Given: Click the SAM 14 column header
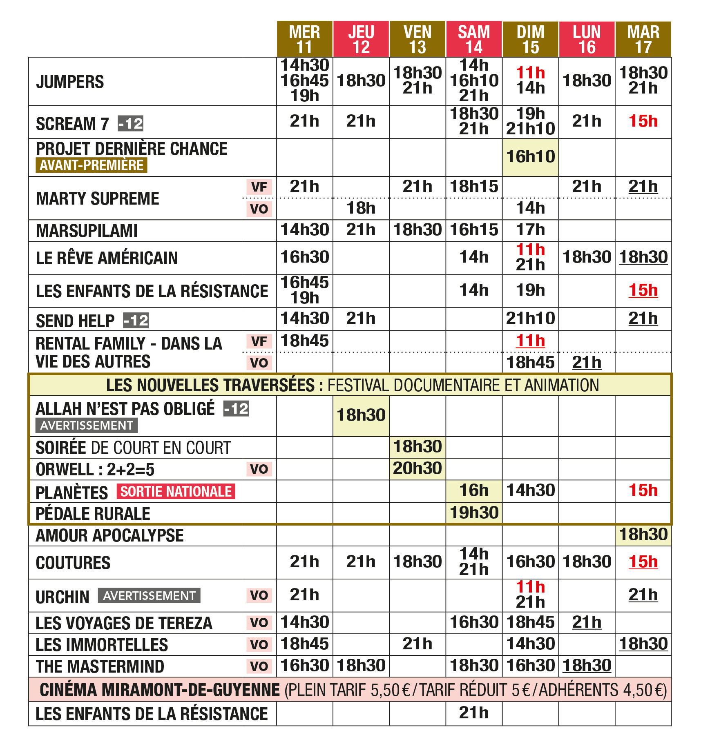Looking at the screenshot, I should pyautogui.click(x=473, y=39).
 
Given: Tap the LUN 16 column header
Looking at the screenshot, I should pyautogui.click(x=587, y=39).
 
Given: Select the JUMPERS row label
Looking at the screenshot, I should pyautogui.click(x=70, y=82).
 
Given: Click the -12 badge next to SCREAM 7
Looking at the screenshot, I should pyautogui.click(x=130, y=123).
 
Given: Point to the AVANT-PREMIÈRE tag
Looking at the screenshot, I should pyautogui.click(x=91, y=165).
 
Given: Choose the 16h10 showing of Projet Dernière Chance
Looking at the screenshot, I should pyautogui.click(x=530, y=157).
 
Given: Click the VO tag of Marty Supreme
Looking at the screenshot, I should pyautogui.click(x=259, y=209).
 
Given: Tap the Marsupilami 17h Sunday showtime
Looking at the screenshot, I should pyautogui.click(x=530, y=230).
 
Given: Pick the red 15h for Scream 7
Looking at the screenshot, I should pyautogui.click(x=643, y=121).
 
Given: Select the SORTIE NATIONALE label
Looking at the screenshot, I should pyautogui.click(x=176, y=491).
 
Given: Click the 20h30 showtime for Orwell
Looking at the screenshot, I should pyautogui.click(x=417, y=468).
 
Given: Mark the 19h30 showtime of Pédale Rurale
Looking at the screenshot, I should pyautogui.click(x=474, y=513).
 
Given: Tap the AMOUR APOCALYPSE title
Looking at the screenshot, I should pyautogui.click(x=109, y=535).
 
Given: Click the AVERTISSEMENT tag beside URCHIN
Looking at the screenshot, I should pyautogui.click(x=149, y=596).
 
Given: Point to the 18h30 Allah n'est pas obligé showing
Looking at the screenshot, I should pyautogui.click(x=361, y=415).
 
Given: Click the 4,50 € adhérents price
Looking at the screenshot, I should pyautogui.click(x=644, y=690).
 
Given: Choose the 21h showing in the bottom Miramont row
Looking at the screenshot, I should pyautogui.click(x=474, y=713).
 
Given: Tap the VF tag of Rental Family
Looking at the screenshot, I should pyautogui.click(x=259, y=341).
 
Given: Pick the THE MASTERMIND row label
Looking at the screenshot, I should pyautogui.click(x=100, y=666).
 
